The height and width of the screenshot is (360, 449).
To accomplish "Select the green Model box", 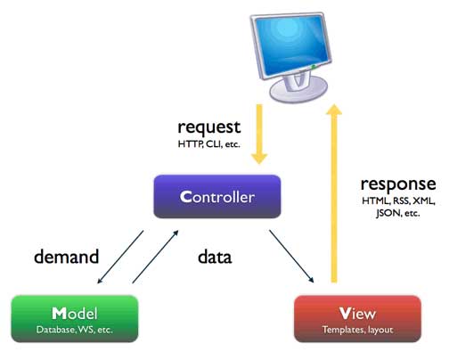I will (75, 319).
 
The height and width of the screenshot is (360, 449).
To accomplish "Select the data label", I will (214, 258).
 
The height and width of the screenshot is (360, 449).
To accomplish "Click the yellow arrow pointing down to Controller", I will (259, 134).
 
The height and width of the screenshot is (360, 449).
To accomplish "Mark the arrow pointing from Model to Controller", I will (156, 257).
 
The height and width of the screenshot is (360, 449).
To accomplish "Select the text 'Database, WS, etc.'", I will (75, 330).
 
